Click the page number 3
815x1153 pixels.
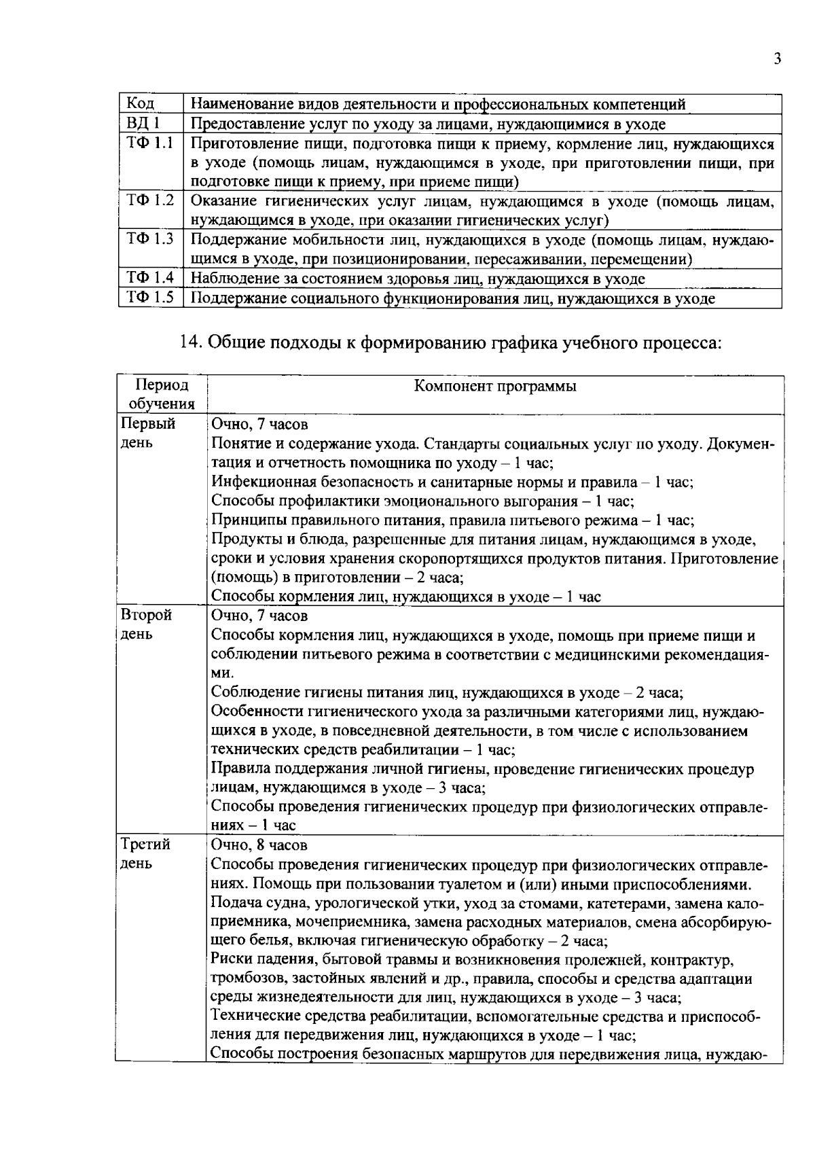click(x=777, y=59)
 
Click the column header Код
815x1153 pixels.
click(x=141, y=104)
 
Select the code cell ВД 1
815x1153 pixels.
click(x=143, y=124)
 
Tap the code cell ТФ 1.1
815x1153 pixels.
click(x=150, y=143)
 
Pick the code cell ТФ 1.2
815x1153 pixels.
click(x=150, y=201)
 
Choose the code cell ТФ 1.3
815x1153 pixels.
click(x=150, y=239)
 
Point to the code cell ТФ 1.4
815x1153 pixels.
click(x=150, y=278)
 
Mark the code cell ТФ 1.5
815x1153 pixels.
click(x=150, y=298)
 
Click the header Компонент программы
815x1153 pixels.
click(x=495, y=386)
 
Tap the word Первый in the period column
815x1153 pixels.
click(x=147, y=424)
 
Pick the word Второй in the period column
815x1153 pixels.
click(x=146, y=615)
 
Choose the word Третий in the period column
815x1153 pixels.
click(x=145, y=845)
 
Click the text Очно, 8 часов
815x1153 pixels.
click(x=259, y=845)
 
